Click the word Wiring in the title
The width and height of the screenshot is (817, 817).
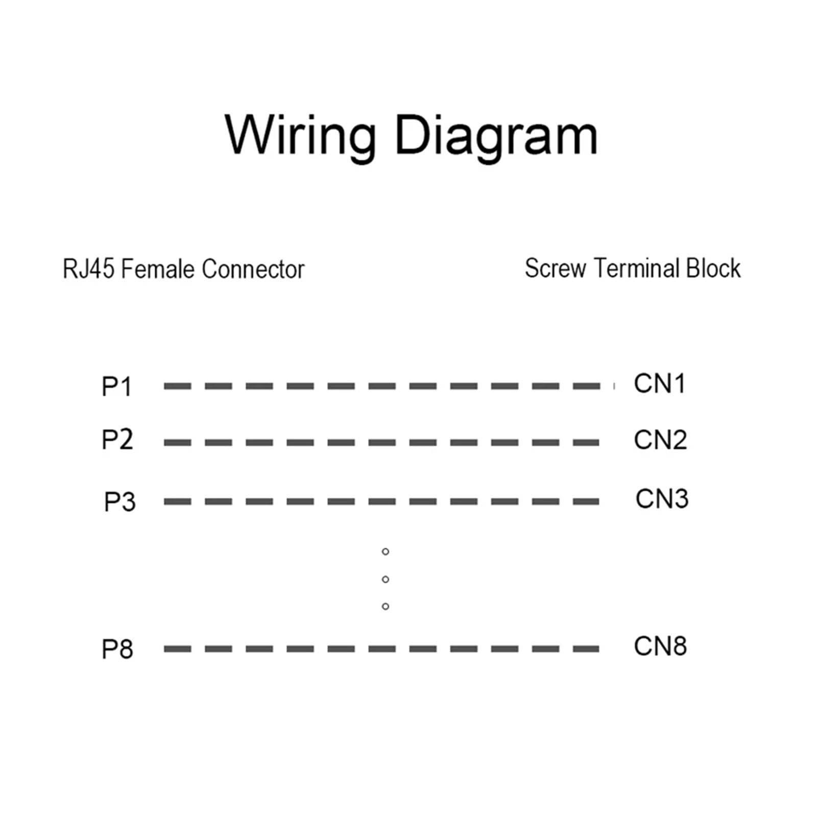300,136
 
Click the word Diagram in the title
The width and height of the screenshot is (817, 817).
496,136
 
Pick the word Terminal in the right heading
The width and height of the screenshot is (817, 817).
636,268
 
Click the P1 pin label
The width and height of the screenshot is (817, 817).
117,387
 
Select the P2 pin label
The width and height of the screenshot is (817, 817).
117,440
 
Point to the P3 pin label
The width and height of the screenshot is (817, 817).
120,501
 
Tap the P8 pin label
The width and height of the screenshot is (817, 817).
117,649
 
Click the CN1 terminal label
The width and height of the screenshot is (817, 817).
659,383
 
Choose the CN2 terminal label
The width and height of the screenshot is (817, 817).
660,440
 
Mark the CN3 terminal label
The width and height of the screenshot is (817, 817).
662,498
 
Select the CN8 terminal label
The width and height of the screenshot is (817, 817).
660,646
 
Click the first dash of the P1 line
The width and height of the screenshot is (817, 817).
177,387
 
